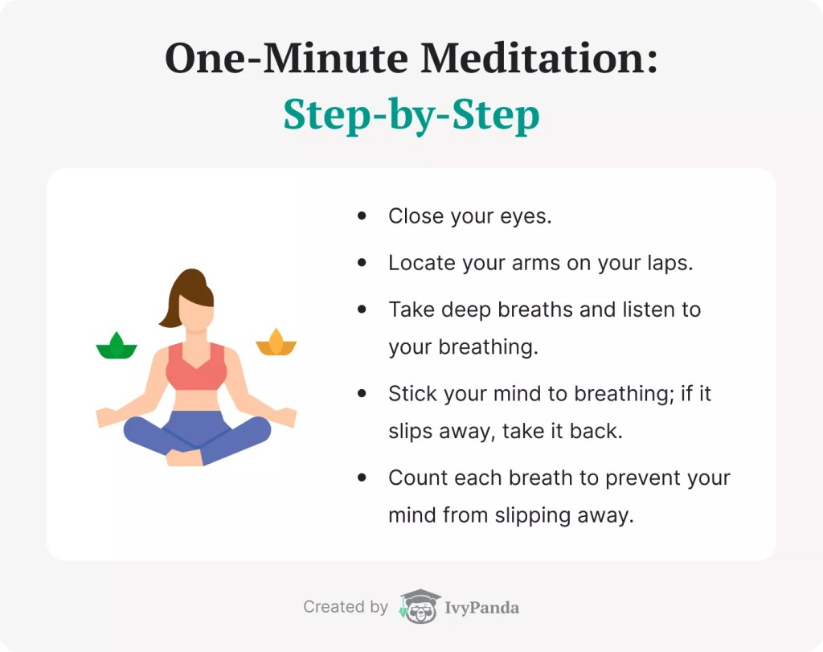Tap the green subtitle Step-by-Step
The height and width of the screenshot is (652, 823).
(x=411, y=116)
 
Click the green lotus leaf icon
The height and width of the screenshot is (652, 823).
(x=117, y=346)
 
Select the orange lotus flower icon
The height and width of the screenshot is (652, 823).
(x=276, y=342)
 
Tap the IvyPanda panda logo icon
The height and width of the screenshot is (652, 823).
(x=420, y=607)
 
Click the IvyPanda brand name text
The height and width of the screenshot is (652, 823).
(x=482, y=608)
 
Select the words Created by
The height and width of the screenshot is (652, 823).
(x=345, y=607)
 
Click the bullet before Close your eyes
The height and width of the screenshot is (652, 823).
(x=362, y=216)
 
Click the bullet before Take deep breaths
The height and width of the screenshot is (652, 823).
(x=362, y=310)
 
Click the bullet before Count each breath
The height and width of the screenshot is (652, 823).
(x=362, y=478)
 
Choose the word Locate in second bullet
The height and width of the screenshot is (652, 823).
(x=420, y=263)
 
